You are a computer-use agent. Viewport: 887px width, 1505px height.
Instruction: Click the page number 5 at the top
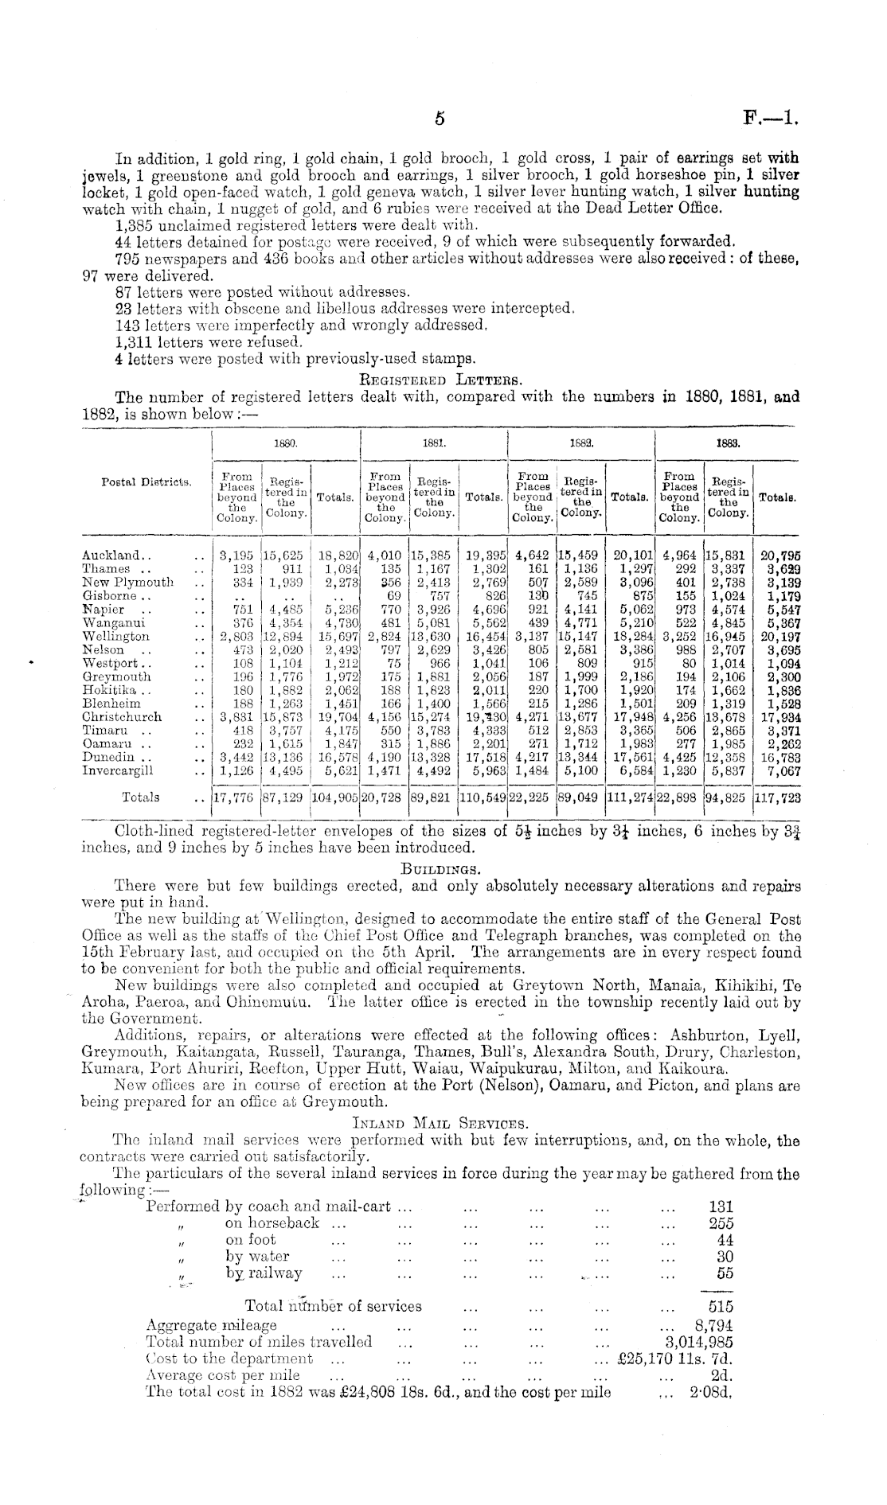tap(439, 119)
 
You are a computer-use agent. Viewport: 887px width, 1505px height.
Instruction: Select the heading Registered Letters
tap(441, 380)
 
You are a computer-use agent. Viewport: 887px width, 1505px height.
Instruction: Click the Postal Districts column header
tap(147, 482)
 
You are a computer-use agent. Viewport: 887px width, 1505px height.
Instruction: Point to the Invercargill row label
tap(118, 770)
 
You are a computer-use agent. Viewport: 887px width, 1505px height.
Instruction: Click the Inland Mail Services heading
tap(440, 1124)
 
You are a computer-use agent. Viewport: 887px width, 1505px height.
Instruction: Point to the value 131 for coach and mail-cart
tap(721, 1207)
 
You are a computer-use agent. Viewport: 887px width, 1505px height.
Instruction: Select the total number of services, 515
tap(721, 1306)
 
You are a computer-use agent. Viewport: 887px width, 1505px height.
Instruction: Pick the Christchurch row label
tap(122, 716)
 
